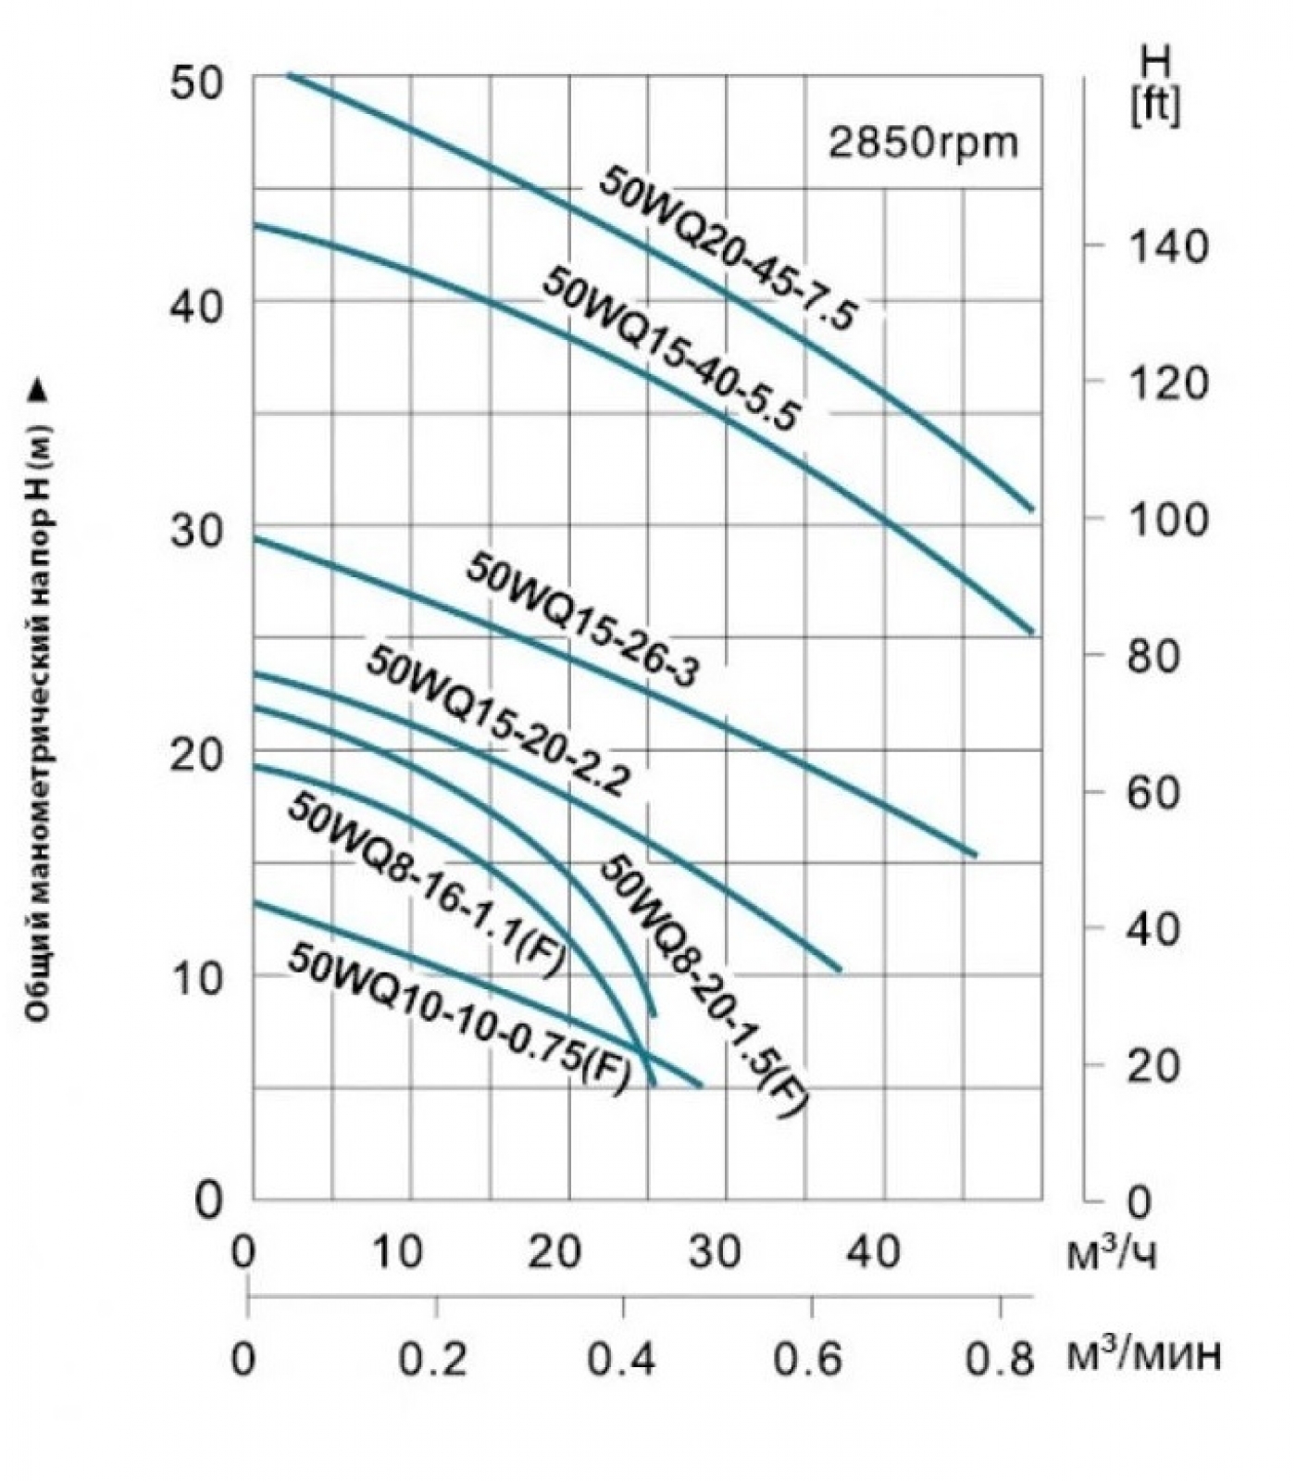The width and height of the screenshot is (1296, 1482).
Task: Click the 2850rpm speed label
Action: pyautogui.click(x=923, y=144)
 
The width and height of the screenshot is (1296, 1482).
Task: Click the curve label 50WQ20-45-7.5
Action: pyautogui.click(x=729, y=248)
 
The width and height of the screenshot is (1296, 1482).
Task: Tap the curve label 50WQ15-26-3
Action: pyautogui.click(x=582, y=619)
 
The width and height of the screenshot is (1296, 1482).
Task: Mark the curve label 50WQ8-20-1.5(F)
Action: pyautogui.click(x=704, y=986)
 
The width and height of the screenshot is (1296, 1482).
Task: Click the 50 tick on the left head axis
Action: pyautogui.click(x=196, y=83)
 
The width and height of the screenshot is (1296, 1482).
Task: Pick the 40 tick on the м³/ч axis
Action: pyautogui.click(x=875, y=1252)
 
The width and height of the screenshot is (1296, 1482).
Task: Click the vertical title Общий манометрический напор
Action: pyautogui.click(x=37, y=704)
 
